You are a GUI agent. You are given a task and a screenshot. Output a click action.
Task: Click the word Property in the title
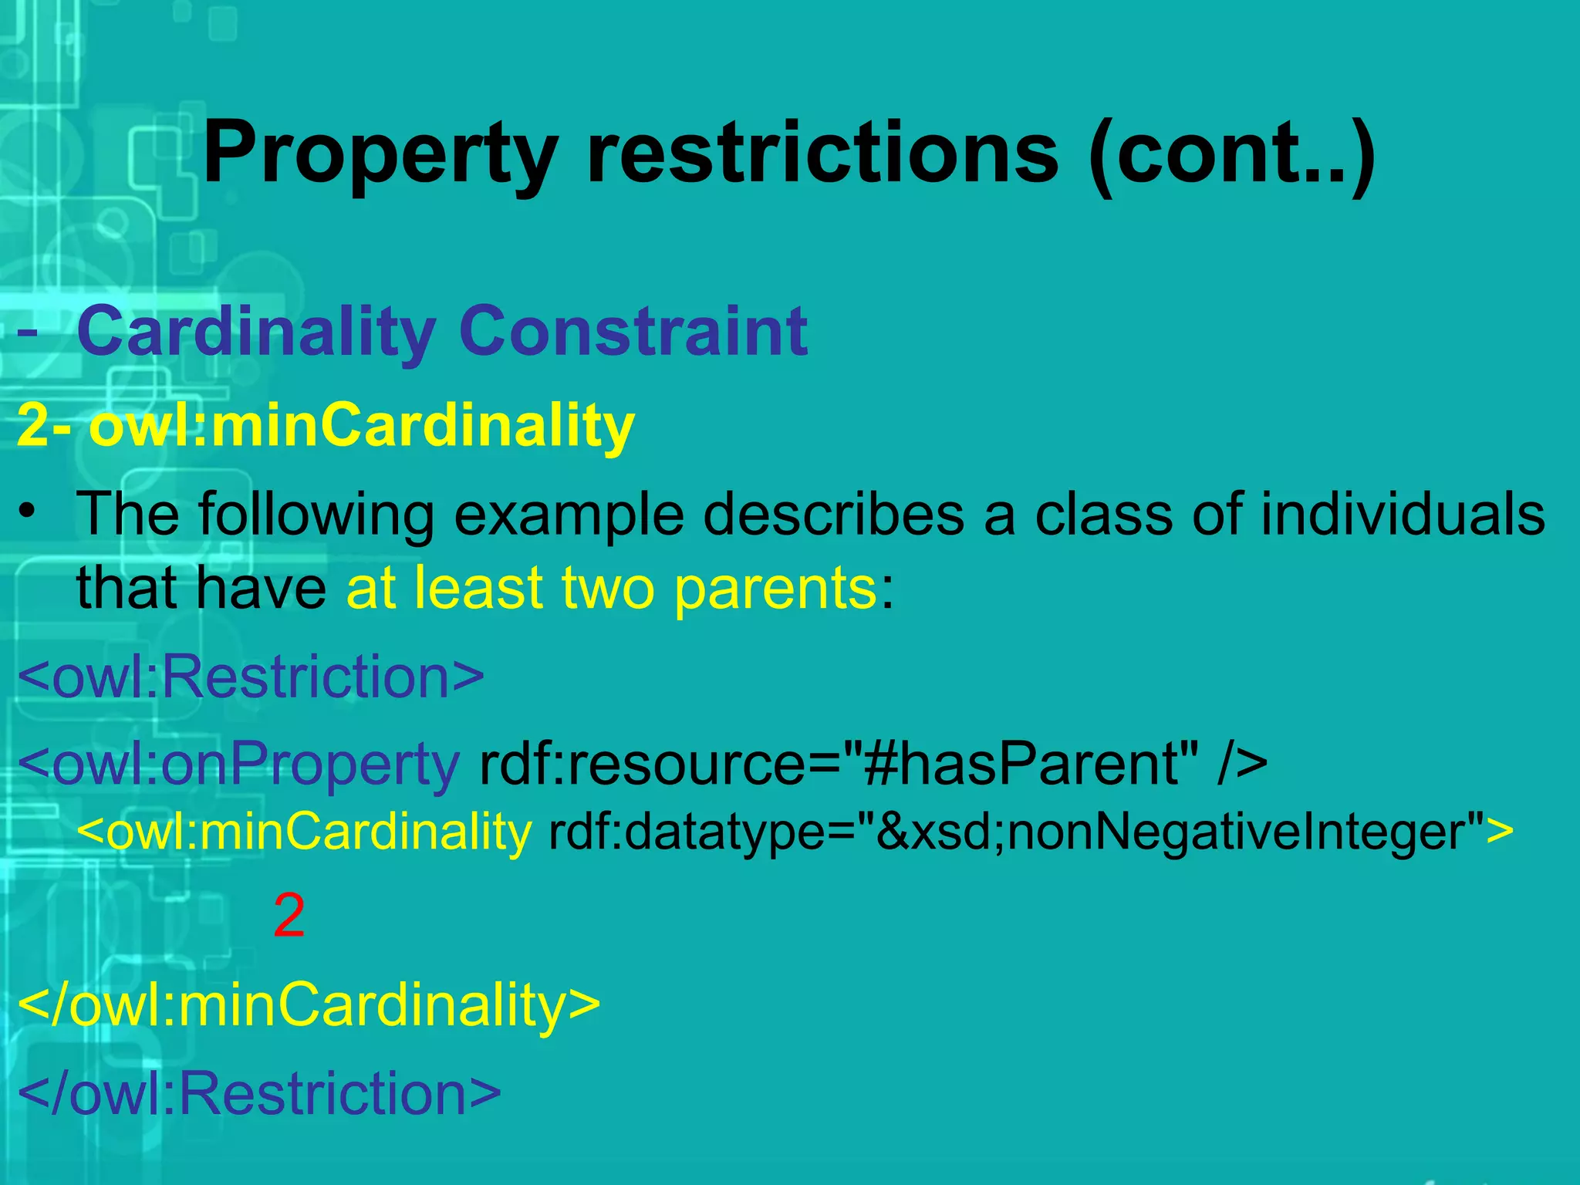(380, 154)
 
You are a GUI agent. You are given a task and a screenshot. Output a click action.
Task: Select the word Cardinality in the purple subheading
(256, 332)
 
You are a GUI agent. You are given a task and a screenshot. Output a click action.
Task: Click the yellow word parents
(774, 588)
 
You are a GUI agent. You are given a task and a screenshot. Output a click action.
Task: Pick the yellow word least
(478, 588)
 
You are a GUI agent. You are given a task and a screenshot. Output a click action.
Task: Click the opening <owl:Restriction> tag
(251, 677)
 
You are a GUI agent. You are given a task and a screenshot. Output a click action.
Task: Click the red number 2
(289, 916)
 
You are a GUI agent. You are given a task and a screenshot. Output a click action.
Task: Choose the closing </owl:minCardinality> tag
(309, 1005)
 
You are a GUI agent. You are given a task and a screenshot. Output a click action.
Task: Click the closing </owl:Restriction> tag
(259, 1093)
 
